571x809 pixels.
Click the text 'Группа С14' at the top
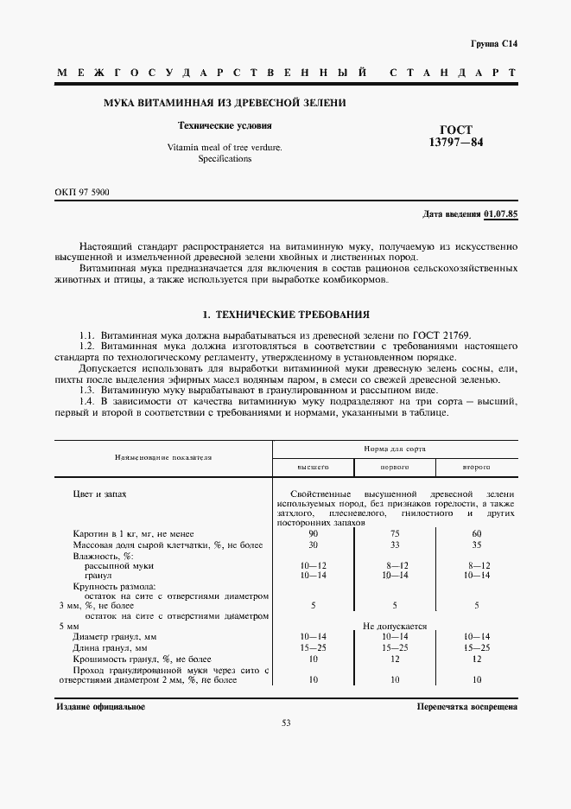click(493, 42)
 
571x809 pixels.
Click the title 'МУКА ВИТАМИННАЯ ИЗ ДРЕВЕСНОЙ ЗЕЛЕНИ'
click(225, 103)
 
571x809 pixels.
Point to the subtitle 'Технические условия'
click(225, 125)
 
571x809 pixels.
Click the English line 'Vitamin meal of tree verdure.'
click(225, 148)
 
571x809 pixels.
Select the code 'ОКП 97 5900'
click(83, 190)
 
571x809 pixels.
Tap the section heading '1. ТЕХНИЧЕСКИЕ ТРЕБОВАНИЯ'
click(285, 315)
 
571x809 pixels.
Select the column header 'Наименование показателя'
click(164, 456)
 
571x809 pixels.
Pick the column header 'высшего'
click(314, 466)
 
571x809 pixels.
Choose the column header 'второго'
click(476, 466)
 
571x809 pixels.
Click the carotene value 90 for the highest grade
click(314, 533)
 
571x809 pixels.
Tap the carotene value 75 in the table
click(394, 533)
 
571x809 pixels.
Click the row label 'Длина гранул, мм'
click(111, 647)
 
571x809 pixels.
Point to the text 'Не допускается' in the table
click(394, 626)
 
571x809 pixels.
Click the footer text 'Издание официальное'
click(100, 706)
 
